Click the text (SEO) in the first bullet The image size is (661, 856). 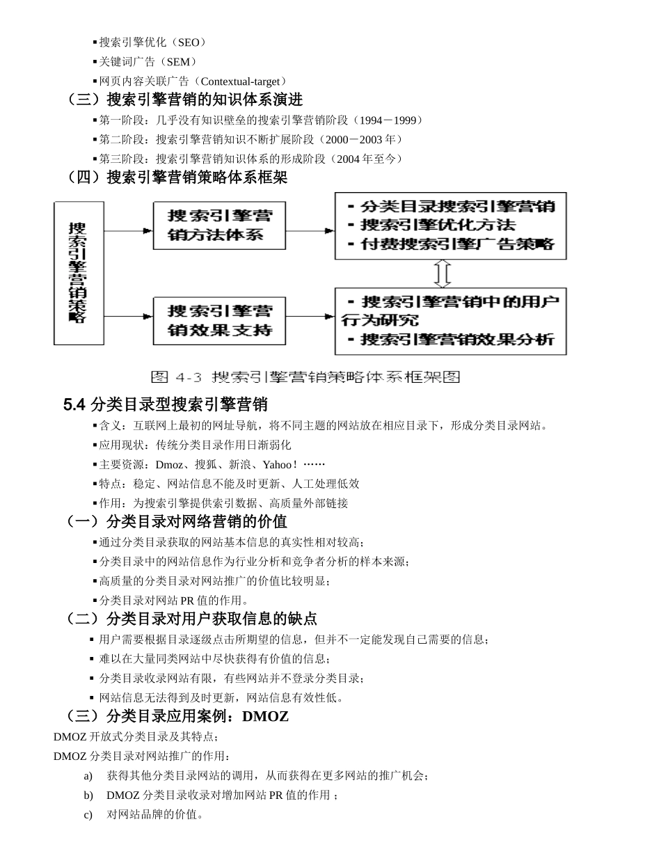click(188, 42)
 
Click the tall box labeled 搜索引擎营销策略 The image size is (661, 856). click(79, 273)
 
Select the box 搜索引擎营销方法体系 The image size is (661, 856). click(220, 225)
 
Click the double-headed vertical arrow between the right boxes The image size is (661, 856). click(443, 274)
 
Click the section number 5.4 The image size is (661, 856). click(74, 404)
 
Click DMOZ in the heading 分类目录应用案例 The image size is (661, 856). click(265, 716)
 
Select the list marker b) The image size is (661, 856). click(88, 795)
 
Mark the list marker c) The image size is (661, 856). click(88, 814)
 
